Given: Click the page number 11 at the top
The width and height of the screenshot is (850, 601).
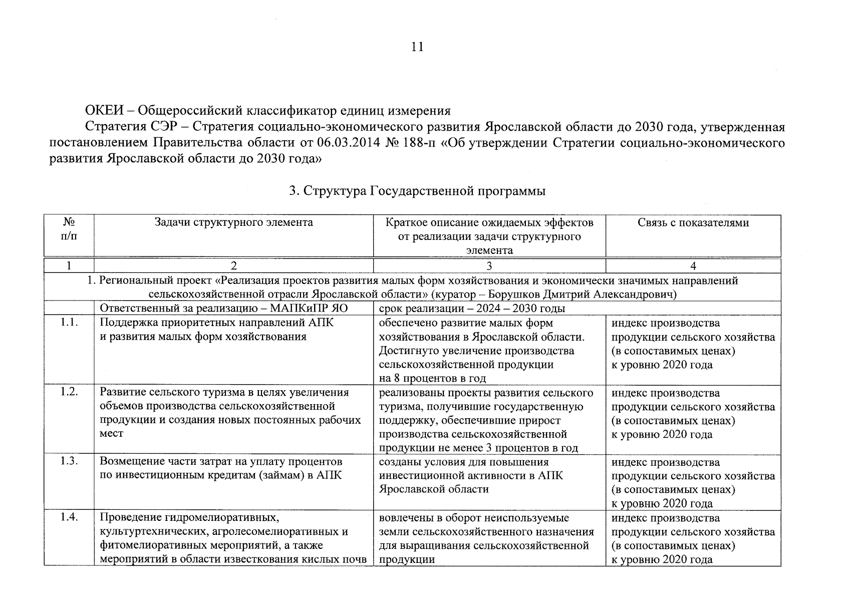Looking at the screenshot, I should coord(417,47).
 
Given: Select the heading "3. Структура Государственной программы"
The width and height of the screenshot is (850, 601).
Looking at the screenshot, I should coord(417,191).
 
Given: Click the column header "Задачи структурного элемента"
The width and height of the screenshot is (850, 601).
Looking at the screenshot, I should coord(233,222).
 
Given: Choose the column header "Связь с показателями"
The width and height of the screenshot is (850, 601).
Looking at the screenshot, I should coord(693,222).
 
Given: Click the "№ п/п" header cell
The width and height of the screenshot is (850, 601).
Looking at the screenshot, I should coord(69,228).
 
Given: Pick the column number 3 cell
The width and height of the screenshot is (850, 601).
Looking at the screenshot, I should coord(489,266).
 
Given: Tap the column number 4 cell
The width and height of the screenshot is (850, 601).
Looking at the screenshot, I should coord(693,266).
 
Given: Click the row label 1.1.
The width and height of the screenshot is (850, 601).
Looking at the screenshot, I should coord(69,323).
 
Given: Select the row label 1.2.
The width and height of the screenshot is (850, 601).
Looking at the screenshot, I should coord(69,393).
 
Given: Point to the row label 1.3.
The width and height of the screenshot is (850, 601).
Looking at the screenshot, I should coord(69,462).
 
